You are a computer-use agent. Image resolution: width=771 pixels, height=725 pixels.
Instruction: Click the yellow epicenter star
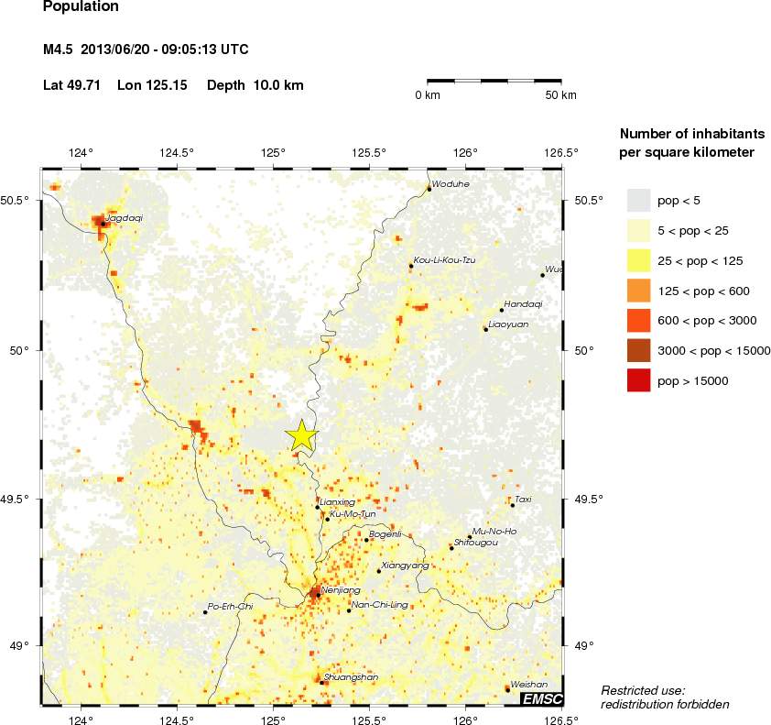pos(301,436)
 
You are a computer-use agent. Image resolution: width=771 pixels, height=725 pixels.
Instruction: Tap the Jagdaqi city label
pos(125,219)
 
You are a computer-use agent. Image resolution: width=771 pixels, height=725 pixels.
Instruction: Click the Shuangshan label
pos(352,677)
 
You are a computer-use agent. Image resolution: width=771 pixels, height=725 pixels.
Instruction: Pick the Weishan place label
pos(529,685)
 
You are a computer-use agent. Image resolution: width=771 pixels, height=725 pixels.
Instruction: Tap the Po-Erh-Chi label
pos(230,607)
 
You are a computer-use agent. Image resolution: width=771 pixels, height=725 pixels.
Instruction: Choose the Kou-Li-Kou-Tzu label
pos(445,260)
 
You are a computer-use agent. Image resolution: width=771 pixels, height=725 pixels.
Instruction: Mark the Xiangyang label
pos(404,566)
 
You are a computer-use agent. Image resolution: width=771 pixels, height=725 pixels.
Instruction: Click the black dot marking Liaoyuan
pos(485,329)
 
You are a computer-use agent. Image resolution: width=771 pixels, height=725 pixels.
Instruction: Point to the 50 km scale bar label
pos(560,95)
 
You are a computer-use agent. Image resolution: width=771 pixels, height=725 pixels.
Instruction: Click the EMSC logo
pos(541,699)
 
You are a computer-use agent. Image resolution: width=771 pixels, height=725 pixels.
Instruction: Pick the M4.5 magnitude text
pos(60,49)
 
